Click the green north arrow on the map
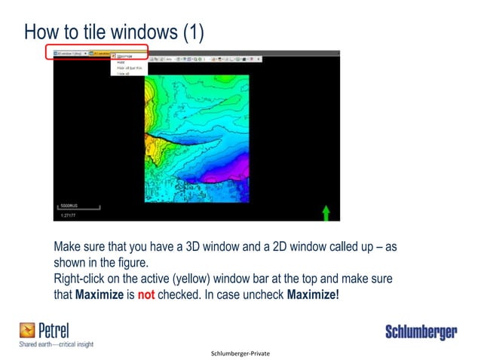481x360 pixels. (326, 213)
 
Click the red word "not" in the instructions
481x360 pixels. (146, 294)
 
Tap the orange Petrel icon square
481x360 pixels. (27, 330)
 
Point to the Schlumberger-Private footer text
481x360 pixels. (240, 352)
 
